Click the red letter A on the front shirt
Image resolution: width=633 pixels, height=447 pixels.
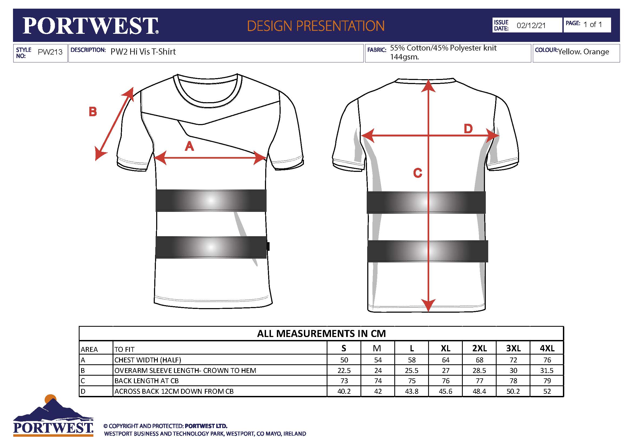189,146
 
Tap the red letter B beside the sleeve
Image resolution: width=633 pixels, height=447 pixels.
93,112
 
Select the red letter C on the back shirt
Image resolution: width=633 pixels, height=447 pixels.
418,173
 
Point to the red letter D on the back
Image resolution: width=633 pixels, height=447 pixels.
468,129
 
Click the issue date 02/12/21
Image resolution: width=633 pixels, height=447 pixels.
531,25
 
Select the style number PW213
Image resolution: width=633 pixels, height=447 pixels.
50,52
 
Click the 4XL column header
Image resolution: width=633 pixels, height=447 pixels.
547,348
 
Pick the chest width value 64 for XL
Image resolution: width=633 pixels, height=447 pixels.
445,360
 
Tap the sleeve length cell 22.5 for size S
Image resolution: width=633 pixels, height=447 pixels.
344,371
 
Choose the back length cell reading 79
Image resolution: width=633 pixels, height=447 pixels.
547,381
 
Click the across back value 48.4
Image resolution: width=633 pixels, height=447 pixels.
480,391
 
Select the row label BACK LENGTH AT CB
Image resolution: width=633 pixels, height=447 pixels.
147,381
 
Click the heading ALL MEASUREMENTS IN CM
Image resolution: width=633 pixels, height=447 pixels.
322,333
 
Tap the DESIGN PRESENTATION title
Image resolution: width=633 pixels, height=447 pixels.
316,26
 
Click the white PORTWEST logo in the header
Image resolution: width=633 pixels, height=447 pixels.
90,26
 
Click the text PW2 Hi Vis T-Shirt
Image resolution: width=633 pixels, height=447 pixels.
143,52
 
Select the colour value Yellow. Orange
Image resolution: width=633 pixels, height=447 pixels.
583,52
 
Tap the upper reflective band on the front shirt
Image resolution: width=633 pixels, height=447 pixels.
211,200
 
